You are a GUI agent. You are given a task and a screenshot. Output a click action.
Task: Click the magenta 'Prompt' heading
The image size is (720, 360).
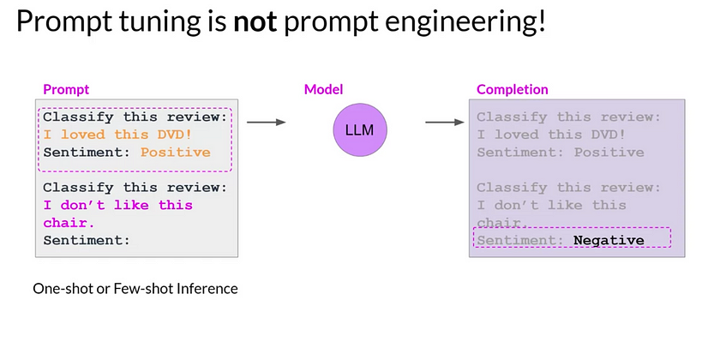click(x=66, y=89)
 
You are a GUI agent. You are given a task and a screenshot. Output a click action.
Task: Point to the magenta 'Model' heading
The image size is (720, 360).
click(x=322, y=89)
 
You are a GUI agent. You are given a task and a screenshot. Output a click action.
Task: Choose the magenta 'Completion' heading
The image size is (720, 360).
click(x=513, y=89)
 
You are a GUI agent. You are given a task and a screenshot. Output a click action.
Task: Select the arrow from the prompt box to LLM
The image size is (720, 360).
click(x=266, y=123)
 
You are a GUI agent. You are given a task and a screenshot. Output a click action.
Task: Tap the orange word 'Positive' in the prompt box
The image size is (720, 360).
click(x=176, y=153)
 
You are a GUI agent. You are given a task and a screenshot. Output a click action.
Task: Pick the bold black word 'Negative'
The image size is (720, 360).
click(x=609, y=240)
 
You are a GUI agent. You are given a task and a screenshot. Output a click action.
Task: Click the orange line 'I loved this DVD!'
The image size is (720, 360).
click(x=111, y=135)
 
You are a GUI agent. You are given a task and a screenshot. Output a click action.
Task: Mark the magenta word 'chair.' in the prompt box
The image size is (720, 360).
click(x=67, y=223)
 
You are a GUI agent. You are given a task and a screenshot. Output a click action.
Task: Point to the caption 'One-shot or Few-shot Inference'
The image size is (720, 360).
click(x=135, y=289)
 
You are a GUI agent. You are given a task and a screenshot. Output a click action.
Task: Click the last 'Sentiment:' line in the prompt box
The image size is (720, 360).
click(x=87, y=241)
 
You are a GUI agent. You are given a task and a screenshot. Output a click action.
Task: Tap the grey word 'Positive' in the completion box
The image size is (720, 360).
click(x=609, y=153)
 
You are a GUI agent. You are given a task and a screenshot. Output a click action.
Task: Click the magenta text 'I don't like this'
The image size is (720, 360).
click(x=117, y=205)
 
